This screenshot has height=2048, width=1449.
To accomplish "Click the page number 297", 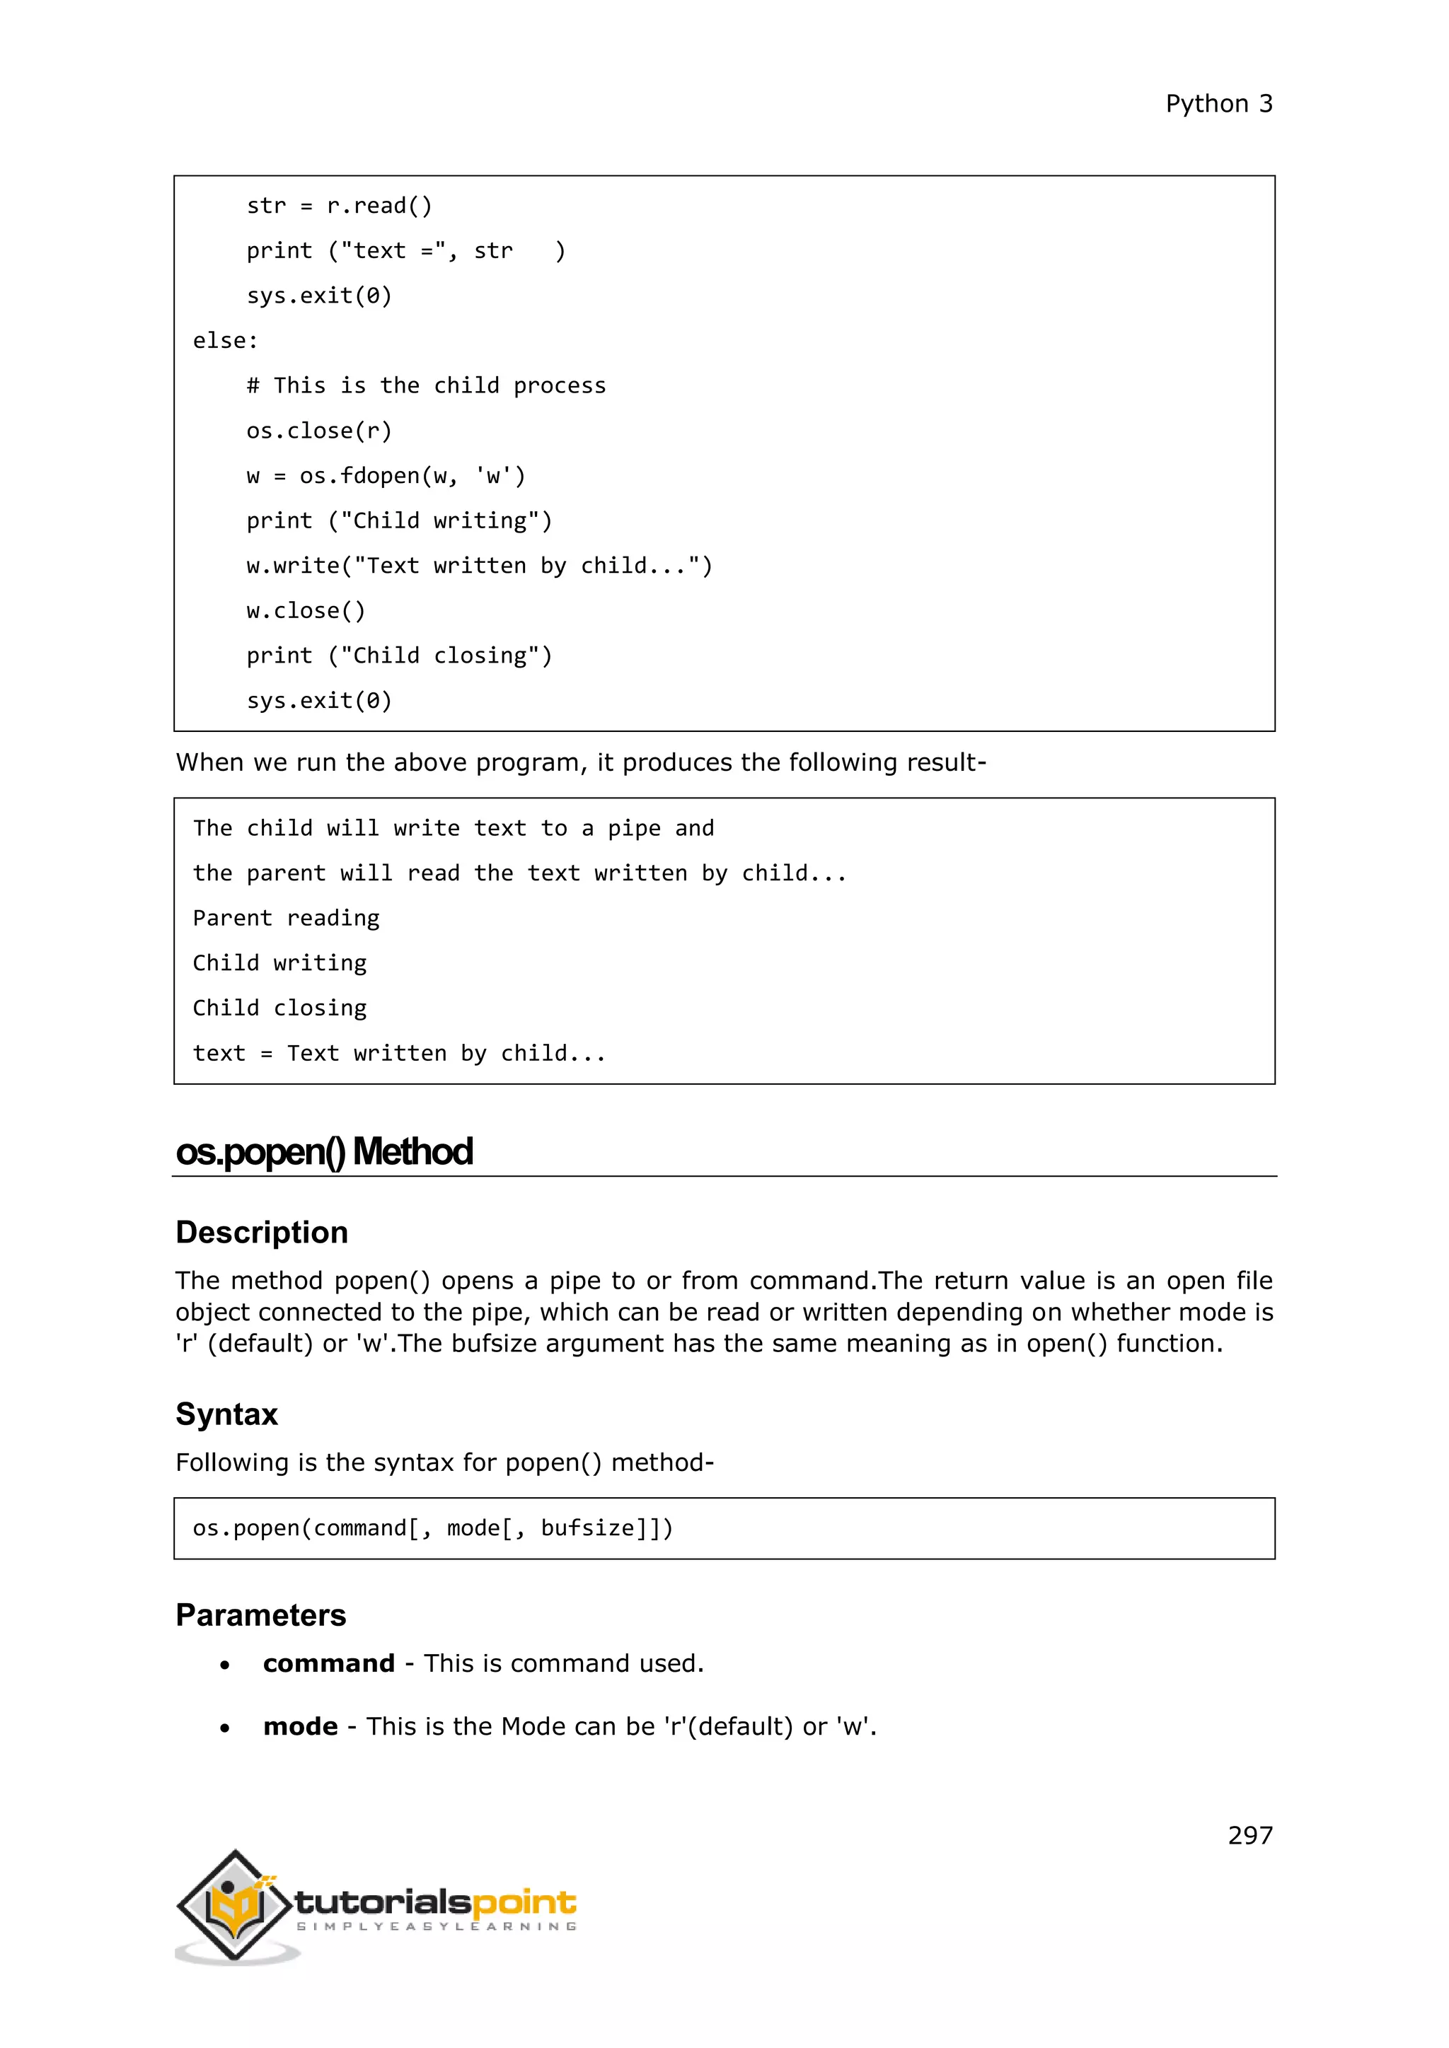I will [1249, 1835].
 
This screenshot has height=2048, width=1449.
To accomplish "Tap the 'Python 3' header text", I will [1219, 105].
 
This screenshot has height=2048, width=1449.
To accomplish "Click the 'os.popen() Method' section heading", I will [324, 1151].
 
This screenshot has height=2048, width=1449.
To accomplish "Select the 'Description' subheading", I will [261, 1232].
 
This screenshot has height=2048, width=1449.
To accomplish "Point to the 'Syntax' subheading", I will [226, 1414].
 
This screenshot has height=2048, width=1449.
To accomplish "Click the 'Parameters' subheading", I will [260, 1614].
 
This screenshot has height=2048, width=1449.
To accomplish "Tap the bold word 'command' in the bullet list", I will [328, 1663].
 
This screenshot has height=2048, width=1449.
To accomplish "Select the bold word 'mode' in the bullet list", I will [300, 1727].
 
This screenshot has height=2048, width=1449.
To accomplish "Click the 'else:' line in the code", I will [226, 341].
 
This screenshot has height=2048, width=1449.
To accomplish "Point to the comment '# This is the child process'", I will [426, 385].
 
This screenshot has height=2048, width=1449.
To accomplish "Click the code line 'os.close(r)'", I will [318, 431].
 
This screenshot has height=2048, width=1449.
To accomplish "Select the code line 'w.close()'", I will [305, 611].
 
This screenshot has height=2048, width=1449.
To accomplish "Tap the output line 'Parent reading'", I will [286, 918].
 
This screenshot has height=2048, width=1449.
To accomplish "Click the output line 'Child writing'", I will [279, 963].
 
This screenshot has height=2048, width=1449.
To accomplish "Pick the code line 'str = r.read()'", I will [339, 206].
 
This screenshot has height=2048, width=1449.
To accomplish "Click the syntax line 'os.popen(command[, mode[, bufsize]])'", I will [433, 1528].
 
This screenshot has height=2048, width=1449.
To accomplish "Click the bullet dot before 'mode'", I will [225, 1728].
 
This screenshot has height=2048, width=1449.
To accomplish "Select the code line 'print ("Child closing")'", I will [399, 656].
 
